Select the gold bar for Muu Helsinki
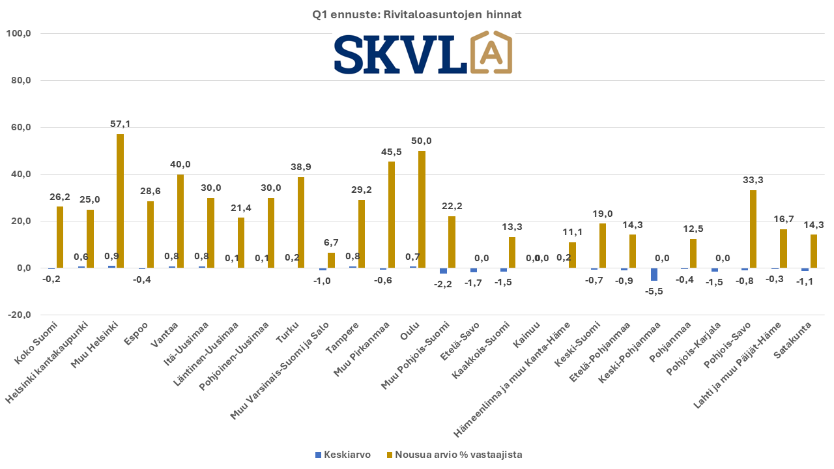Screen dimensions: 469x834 [x=120, y=201]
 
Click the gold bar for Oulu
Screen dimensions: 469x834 [x=422, y=209]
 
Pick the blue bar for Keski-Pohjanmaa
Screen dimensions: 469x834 [x=655, y=274]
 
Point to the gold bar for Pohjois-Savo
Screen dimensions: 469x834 [x=753, y=229]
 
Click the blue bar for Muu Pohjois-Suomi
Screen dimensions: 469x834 [x=444, y=270]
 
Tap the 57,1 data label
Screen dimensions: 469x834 [x=120, y=124]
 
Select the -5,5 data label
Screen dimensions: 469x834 [x=654, y=291]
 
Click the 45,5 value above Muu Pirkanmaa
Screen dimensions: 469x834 [x=392, y=151]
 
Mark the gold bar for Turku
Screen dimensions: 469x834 [x=301, y=222]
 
